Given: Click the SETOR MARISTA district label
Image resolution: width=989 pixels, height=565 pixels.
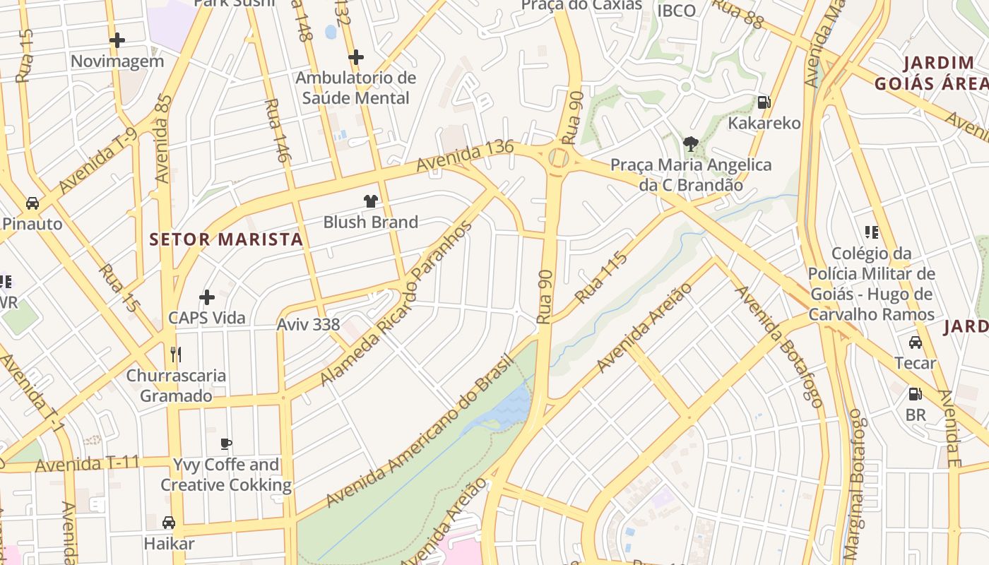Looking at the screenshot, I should [x=226, y=239].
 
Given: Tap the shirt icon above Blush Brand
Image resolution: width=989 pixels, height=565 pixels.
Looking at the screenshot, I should [x=371, y=201].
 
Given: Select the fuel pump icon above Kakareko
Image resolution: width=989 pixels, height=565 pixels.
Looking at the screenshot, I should [x=764, y=102].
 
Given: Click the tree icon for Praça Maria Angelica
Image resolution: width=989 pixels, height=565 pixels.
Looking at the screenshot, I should [x=690, y=144].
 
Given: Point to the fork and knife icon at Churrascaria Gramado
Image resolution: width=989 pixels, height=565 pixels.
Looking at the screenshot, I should [x=176, y=354].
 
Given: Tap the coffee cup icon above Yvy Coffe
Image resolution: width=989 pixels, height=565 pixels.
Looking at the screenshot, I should [x=226, y=444].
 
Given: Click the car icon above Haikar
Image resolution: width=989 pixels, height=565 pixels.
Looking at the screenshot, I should [x=169, y=523].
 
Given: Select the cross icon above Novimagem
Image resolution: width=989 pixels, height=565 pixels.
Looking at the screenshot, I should [x=117, y=40].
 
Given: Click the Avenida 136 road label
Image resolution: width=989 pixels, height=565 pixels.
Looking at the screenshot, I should [x=464, y=156].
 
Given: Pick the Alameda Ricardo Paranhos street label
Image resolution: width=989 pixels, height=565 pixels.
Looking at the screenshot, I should [x=396, y=304].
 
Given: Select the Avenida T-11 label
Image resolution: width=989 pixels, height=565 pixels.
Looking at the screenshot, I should [x=87, y=465].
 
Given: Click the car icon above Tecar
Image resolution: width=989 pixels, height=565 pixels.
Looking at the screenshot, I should [x=916, y=343].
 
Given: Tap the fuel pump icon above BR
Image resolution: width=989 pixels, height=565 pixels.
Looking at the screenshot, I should [x=916, y=394].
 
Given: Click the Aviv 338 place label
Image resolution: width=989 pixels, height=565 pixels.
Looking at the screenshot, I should [x=308, y=325].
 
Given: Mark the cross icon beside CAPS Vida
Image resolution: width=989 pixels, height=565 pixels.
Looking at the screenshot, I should [x=207, y=297].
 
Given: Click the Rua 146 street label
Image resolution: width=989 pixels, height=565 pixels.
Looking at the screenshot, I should [x=276, y=131].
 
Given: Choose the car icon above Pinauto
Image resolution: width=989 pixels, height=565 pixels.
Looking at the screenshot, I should [x=32, y=203].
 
